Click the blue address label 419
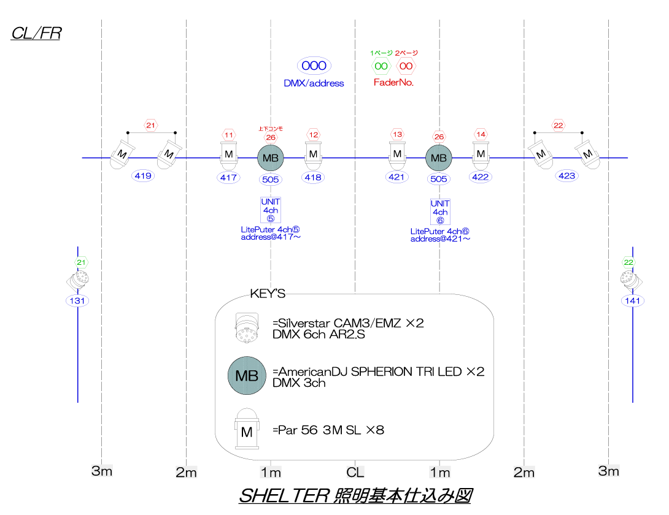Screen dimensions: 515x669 (x=144, y=176)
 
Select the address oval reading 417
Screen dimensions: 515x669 (x=228, y=178)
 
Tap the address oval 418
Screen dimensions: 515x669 (x=313, y=178)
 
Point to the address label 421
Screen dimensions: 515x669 (x=397, y=177)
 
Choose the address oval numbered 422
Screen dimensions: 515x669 (x=481, y=177)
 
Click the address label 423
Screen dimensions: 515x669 (x=567, y=176)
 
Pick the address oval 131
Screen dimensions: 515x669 (x=78, y=301)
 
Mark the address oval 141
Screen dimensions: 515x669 (x=633, y=301)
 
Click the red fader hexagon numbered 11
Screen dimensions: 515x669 (x=229, y=135)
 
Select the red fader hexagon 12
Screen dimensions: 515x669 (x=313, y=135)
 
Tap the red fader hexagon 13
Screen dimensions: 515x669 (x=397, y=135)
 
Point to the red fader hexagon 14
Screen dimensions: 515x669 (x=481, y=135)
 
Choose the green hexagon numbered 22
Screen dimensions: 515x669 (x=628, y=262)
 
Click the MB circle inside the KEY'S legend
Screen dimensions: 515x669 (x=247, y=376)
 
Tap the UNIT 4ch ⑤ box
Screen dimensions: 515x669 (x=271, y=210)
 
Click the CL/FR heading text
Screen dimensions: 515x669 (x=36, y=33)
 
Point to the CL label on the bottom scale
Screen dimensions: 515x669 (x=355, y=472)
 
